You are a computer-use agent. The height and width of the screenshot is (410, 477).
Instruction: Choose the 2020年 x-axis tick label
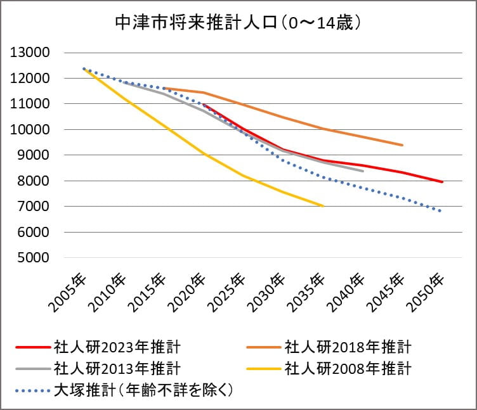pyautogui.click(x=190, y=293)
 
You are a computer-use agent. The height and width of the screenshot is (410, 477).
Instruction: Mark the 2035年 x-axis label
pyautogui.click(x=310, y=293)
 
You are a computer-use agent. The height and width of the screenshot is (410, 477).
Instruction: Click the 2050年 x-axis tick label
pyautogui.click(x=429, y=293)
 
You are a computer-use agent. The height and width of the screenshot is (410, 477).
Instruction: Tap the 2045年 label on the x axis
pyautogui.click(x=389, y=293)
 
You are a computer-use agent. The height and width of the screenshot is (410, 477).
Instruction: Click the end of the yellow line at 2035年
pyautogui.click(x=323, y=206)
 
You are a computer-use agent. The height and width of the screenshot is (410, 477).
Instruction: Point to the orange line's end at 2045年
pyautogui.click(x=403, y=145)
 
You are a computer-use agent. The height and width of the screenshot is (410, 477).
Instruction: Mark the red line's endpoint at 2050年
pyautogui.click(x=442, y=182)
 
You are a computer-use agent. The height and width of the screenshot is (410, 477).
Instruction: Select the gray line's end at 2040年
pyautogui.click(x=363, y=171)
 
